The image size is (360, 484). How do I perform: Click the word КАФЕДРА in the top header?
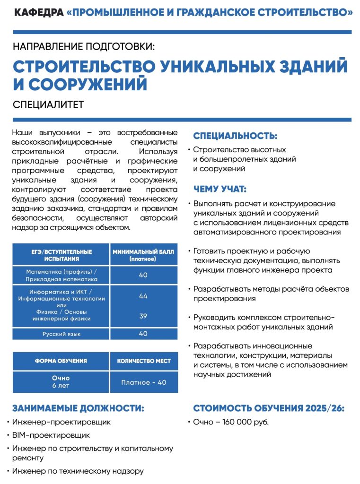click(x=39, y=13)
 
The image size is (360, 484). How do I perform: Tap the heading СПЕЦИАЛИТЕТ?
click(x=48, y=104)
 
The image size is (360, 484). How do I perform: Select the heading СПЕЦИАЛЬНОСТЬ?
click(x=235, y=136)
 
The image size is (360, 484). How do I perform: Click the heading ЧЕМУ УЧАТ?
click(x=220, y=189)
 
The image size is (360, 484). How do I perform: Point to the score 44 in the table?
click(x=143, y=296)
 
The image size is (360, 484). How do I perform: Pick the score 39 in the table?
click(x=143, y=316)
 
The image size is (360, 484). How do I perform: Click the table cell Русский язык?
click(x=61, y=334)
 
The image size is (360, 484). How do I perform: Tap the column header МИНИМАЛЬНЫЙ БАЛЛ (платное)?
click(x=143, y=255)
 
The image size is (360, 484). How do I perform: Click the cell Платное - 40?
click(x=143, y=382)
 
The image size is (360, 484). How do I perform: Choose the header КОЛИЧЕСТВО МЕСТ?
click(x=143, y=361)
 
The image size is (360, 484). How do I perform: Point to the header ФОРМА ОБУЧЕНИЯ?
click(x=61, y=361)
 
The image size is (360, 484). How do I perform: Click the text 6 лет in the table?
click(x=61, y=386)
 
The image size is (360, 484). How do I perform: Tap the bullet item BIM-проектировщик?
click(x=51, y=435)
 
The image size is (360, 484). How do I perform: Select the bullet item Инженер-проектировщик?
click(x=61, y=422)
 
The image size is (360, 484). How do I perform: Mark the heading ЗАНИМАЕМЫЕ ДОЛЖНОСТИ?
click(x=78, y=408)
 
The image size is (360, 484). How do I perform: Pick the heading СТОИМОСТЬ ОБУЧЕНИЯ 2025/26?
click(x=269, y=408)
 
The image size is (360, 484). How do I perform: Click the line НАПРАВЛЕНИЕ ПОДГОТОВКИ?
click(x=84, y=46)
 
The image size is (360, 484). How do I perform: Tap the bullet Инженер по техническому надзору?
click(x=78, y=471)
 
